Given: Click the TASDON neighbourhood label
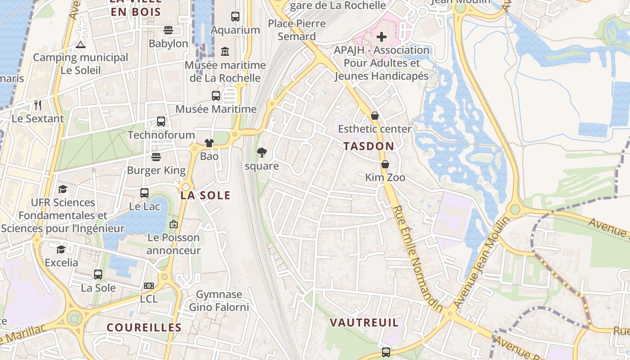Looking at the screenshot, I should pos(369,146).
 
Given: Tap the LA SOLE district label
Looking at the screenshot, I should pos(205,195).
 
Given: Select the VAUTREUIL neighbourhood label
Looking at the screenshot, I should pos(364,323).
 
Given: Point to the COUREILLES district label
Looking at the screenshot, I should pos(144,328).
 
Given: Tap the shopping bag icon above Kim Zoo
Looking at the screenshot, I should pos(385,164).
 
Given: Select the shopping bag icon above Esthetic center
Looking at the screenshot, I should pos(374,116).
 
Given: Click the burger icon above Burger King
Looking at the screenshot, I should pos(156,157).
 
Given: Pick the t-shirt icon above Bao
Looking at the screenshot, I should pos(209,143).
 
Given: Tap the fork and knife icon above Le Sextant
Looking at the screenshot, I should pos(38,105).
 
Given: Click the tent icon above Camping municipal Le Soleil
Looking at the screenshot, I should pos(80,44).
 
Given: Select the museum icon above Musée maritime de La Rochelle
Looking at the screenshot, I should pos(225,52).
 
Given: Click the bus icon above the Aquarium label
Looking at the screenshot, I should pos(235,17).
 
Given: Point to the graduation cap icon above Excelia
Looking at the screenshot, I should pos(61,249).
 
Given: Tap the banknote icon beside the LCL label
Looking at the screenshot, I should pos(149,286).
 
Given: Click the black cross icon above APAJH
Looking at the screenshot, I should pos(382,37).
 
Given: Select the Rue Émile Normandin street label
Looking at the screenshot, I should pos(418,258).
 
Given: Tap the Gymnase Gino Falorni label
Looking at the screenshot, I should pos(219,301).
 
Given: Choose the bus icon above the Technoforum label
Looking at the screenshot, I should pos(161,121).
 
